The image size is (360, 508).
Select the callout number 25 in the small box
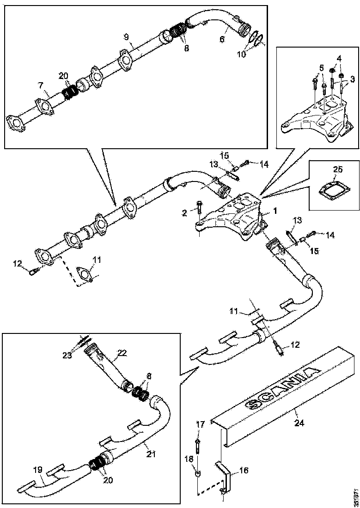point(338,169)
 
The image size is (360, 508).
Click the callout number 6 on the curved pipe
point(221,40)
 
